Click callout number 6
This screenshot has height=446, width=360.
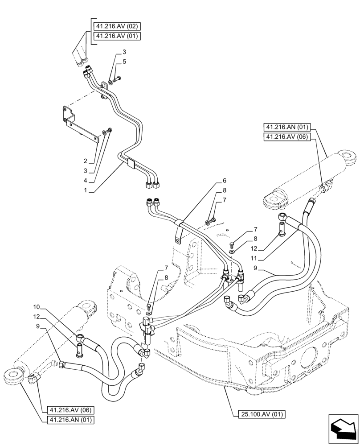pyautogui.click(x=225, y=181)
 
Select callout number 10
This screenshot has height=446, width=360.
pyautogui.click(x=37, y=307)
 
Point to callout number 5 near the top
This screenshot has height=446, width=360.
pyautogui.click(x=124, y=62)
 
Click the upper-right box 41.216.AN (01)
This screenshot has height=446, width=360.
pyautogui.click(x=289, y=127)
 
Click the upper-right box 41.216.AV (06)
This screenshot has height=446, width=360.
pyautogui.click(x=289, y=137)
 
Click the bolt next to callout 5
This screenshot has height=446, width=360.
pyautogui.click(x=117, y=79)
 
